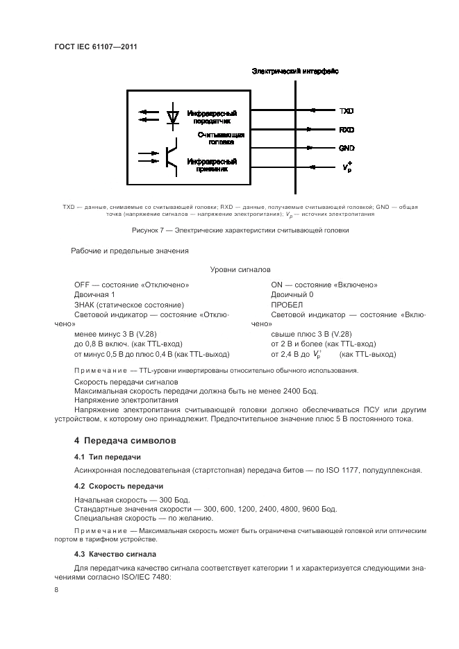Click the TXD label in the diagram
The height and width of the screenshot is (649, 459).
(347, 111)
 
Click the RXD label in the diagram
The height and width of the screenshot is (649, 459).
(347, 130)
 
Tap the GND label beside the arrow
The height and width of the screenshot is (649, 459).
(347, 149)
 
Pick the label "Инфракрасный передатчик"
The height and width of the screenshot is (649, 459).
(212, 116)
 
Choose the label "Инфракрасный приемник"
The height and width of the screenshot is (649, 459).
(212, 165)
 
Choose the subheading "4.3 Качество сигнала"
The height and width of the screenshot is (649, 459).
(115, 554)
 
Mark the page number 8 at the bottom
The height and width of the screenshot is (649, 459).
(56, 589)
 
